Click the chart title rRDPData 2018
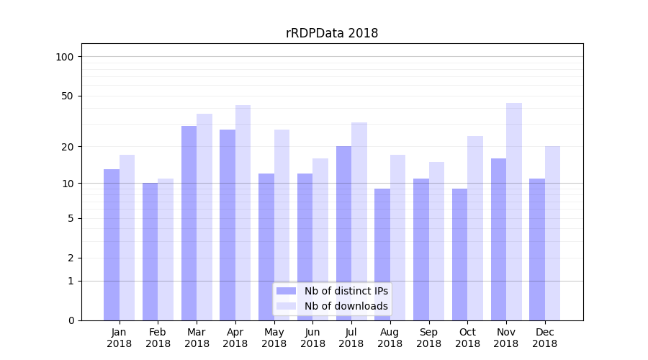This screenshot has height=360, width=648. coord(331,33)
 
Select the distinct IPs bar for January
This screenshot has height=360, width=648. coord(112,245)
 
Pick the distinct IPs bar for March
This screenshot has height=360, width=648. coord(189,223)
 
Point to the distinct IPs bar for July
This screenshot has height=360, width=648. coord(343,233)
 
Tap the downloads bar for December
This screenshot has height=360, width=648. coord(552,233)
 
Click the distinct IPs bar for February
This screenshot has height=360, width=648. coord(150,251)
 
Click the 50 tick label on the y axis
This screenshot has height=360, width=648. coord(68,96)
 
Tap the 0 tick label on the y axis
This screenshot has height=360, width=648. coord(71,320)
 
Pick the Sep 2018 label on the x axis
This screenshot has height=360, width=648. coord(428,338)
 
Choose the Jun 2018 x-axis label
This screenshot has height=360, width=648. coord(312,338)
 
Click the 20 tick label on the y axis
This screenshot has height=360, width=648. coord(68,147)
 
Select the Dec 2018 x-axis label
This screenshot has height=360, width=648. coord(544,338)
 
